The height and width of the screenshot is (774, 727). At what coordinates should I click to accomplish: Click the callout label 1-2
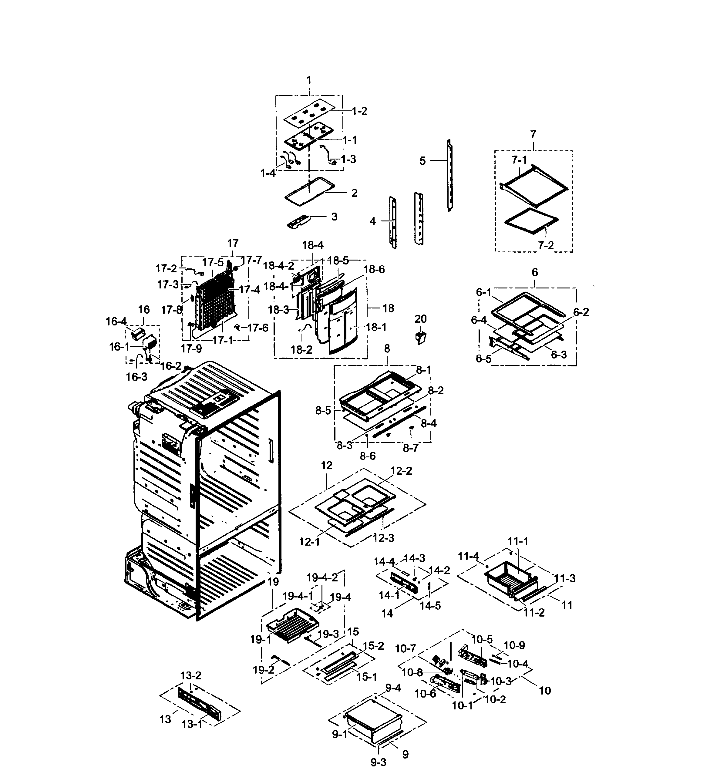click(359, 111)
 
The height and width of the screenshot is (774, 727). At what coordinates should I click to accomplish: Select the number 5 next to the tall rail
click(422, 161)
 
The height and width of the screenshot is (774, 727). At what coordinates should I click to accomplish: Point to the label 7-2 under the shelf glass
click(546, 245)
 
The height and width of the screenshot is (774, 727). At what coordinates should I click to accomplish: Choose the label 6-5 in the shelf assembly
click(483, 358)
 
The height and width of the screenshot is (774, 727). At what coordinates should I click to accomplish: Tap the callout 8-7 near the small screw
click(410, 448)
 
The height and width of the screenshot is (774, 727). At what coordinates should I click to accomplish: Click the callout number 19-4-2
click(322, 577)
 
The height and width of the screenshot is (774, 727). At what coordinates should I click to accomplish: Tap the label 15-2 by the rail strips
click(373, 646)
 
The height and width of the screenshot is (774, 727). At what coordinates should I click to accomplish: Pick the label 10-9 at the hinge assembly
click(514, 645)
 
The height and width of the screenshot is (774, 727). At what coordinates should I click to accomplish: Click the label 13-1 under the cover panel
click(192, 724)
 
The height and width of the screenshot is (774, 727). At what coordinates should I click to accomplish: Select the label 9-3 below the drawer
click(378, 762)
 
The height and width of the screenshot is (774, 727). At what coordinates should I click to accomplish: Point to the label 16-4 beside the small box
click(116, 321)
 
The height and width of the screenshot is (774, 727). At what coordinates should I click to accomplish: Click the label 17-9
click(191, 348)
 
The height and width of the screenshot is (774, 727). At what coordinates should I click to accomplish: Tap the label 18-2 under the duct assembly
click(301, 350)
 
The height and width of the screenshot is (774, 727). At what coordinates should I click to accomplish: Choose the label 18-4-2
click(278, 266)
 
